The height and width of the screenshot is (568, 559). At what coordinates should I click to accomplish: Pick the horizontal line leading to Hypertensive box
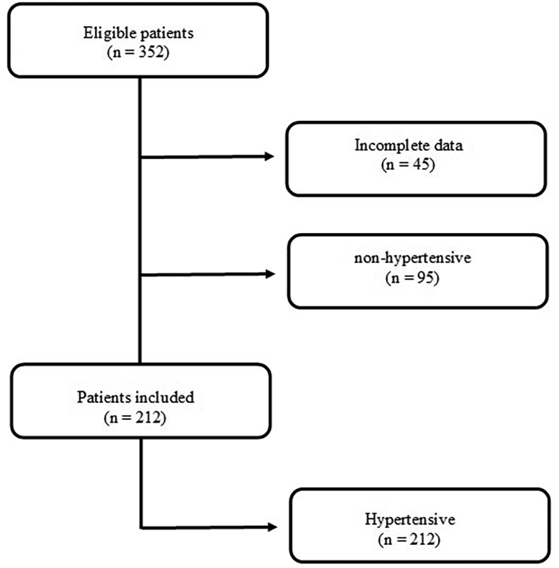point(205,528)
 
